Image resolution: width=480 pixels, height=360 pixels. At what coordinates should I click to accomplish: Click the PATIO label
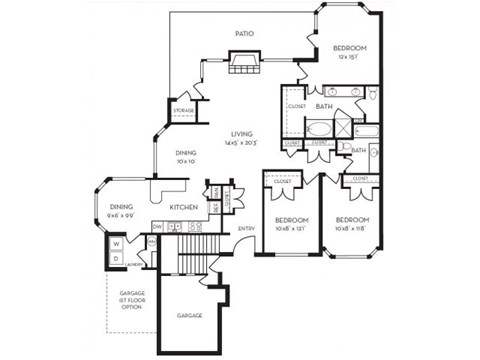click(243, 33)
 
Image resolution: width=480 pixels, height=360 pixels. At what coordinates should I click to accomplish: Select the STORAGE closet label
click(183, 111)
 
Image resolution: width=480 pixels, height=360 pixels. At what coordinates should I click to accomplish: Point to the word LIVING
click(241, 133)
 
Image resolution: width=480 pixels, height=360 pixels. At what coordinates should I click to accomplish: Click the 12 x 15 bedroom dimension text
click(349, 57)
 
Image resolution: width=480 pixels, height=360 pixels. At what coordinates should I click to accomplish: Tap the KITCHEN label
click(182, 207)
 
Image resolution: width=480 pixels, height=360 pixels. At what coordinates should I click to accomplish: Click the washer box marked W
click(116, 243)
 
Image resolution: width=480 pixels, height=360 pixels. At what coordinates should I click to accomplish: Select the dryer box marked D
click(116, 257)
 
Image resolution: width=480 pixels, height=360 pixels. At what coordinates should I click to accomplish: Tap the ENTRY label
click(246, 229)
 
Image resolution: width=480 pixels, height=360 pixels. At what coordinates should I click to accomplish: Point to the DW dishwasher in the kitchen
click(158, 225)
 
